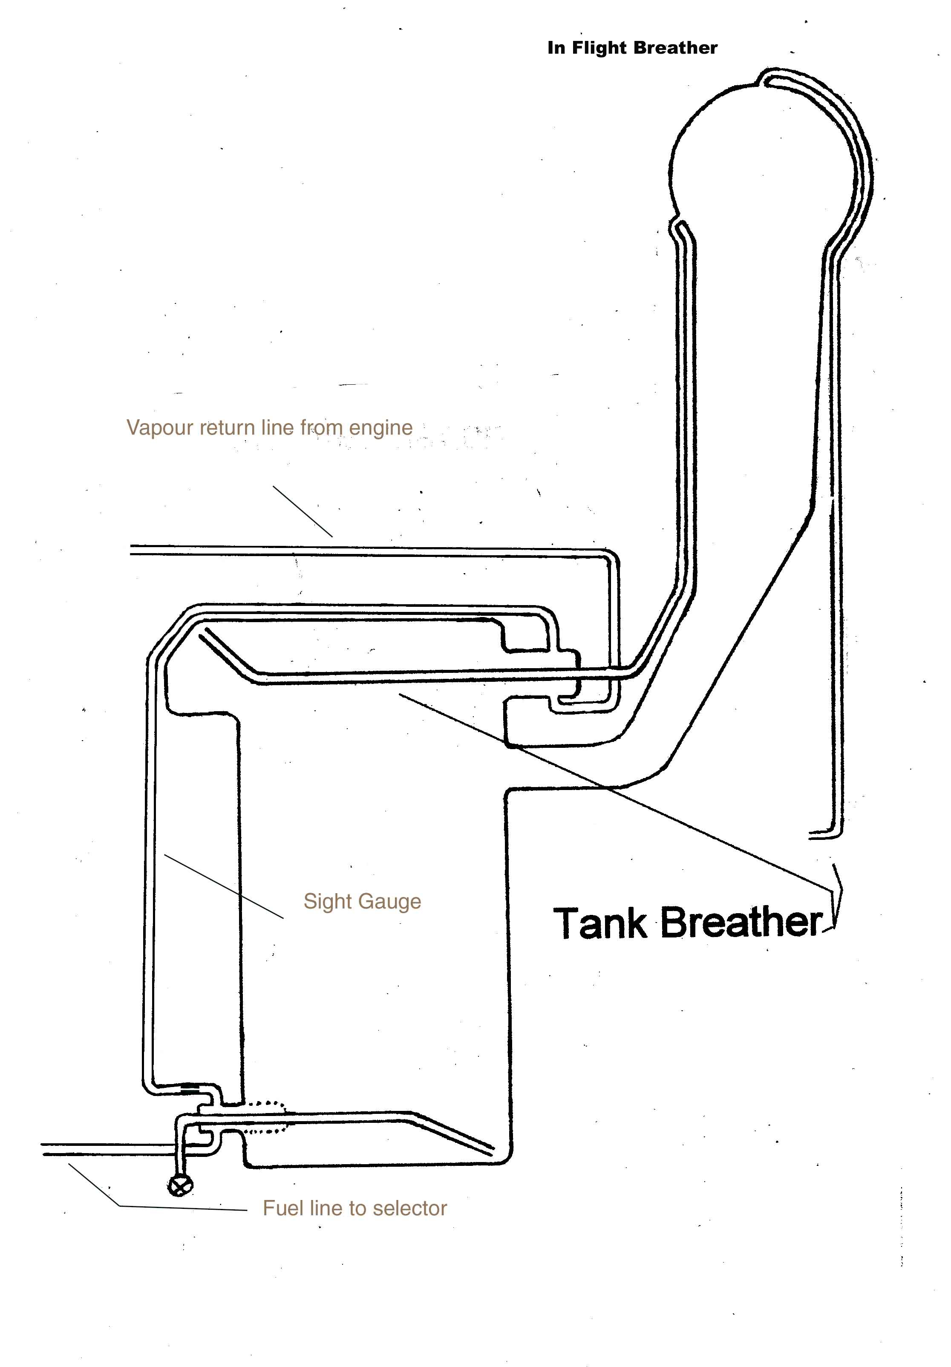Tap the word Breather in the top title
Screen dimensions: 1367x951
tap(675, 48)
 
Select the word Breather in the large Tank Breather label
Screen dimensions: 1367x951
tap(741, 923)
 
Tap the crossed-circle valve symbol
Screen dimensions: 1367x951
tap(180, 1186)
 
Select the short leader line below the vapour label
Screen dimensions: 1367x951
tap(303, 511)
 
